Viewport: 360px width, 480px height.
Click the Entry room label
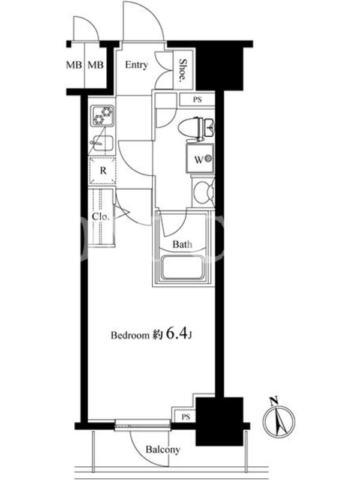coord(137,65)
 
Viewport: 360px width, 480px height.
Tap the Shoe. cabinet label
coord(183,70)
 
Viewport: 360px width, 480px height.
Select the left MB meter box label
coord(74,65)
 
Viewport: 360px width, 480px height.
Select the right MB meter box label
coord(96,65)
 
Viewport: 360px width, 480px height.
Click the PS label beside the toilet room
coord(197,100)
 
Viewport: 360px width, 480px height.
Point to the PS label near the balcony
coord(185,417)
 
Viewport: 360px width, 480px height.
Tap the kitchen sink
coord(102,143)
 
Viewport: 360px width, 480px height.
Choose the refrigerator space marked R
coord(103,170)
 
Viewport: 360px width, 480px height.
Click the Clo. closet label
coord(101,217)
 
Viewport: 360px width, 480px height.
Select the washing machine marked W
coord(200,159)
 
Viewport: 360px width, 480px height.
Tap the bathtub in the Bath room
coord(182,268)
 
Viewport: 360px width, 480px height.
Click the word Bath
coord(182,244)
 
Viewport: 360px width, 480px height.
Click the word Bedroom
coord(130,335)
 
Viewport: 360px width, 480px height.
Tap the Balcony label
coord(163,449)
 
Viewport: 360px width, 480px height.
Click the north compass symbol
coord(279,422)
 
